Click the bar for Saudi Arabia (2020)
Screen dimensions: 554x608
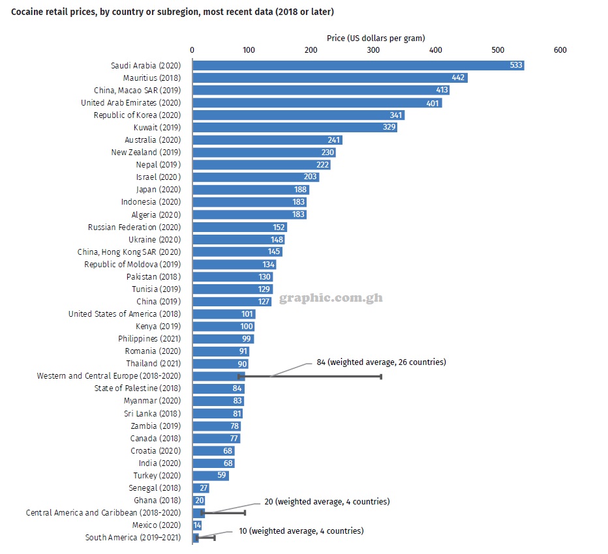pyautogui.click(x=357, y=65)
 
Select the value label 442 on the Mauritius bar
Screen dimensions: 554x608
pyautogui.click(x=459, y=78)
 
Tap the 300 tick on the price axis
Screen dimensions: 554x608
pyautogui.click(x=372, y=50)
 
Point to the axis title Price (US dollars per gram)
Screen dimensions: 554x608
pyautogui.click(x=376, y=38)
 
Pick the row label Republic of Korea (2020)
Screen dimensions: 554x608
pyautogui.click(x=137, y=115)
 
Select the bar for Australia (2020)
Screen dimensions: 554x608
pyautogui.click(x=267, y=139)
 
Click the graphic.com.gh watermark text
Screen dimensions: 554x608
pyautogui.click(x=331, y=299)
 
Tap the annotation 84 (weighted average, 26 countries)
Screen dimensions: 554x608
pyautogui.click(x=381, y=362)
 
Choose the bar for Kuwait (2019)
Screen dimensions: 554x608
pyautogui.click(x=294, y=127)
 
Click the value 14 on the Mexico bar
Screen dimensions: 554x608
pyautogui.click(x=197, y=525)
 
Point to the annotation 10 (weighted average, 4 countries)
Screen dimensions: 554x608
pyautogui.click(x=301, y=531)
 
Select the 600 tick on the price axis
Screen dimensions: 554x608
pyautogui.click(x=560, y=50)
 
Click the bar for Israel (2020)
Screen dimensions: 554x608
pyautogui.click(x=255, y=177)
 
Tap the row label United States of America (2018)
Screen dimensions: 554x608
pyautogui.click(x=125, y=313)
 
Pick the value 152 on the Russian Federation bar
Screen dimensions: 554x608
pyautogui.click(x=279, y=227)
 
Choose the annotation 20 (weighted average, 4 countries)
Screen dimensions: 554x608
pyautogui.click(x=327, y=502)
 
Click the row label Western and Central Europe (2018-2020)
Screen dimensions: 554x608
pyautogui.click(x=108, y=376)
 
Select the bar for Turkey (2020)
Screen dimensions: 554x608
pyautogui.click(x=210, y=475)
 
